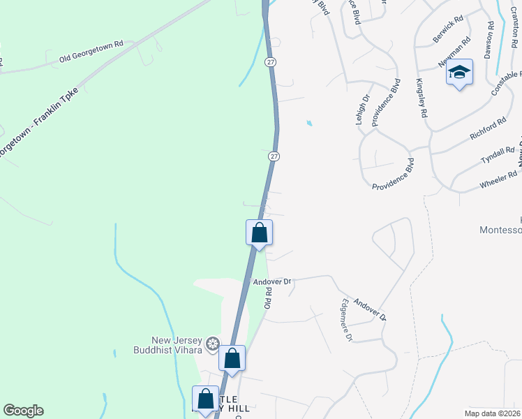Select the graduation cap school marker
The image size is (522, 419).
(460, 73)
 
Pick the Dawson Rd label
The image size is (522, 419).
(489, 39)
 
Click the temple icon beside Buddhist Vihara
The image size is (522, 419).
(213, 343)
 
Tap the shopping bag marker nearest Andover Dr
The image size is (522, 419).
(259, 233)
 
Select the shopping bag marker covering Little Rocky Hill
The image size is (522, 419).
(206, 399)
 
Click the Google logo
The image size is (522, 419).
(23, 411)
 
